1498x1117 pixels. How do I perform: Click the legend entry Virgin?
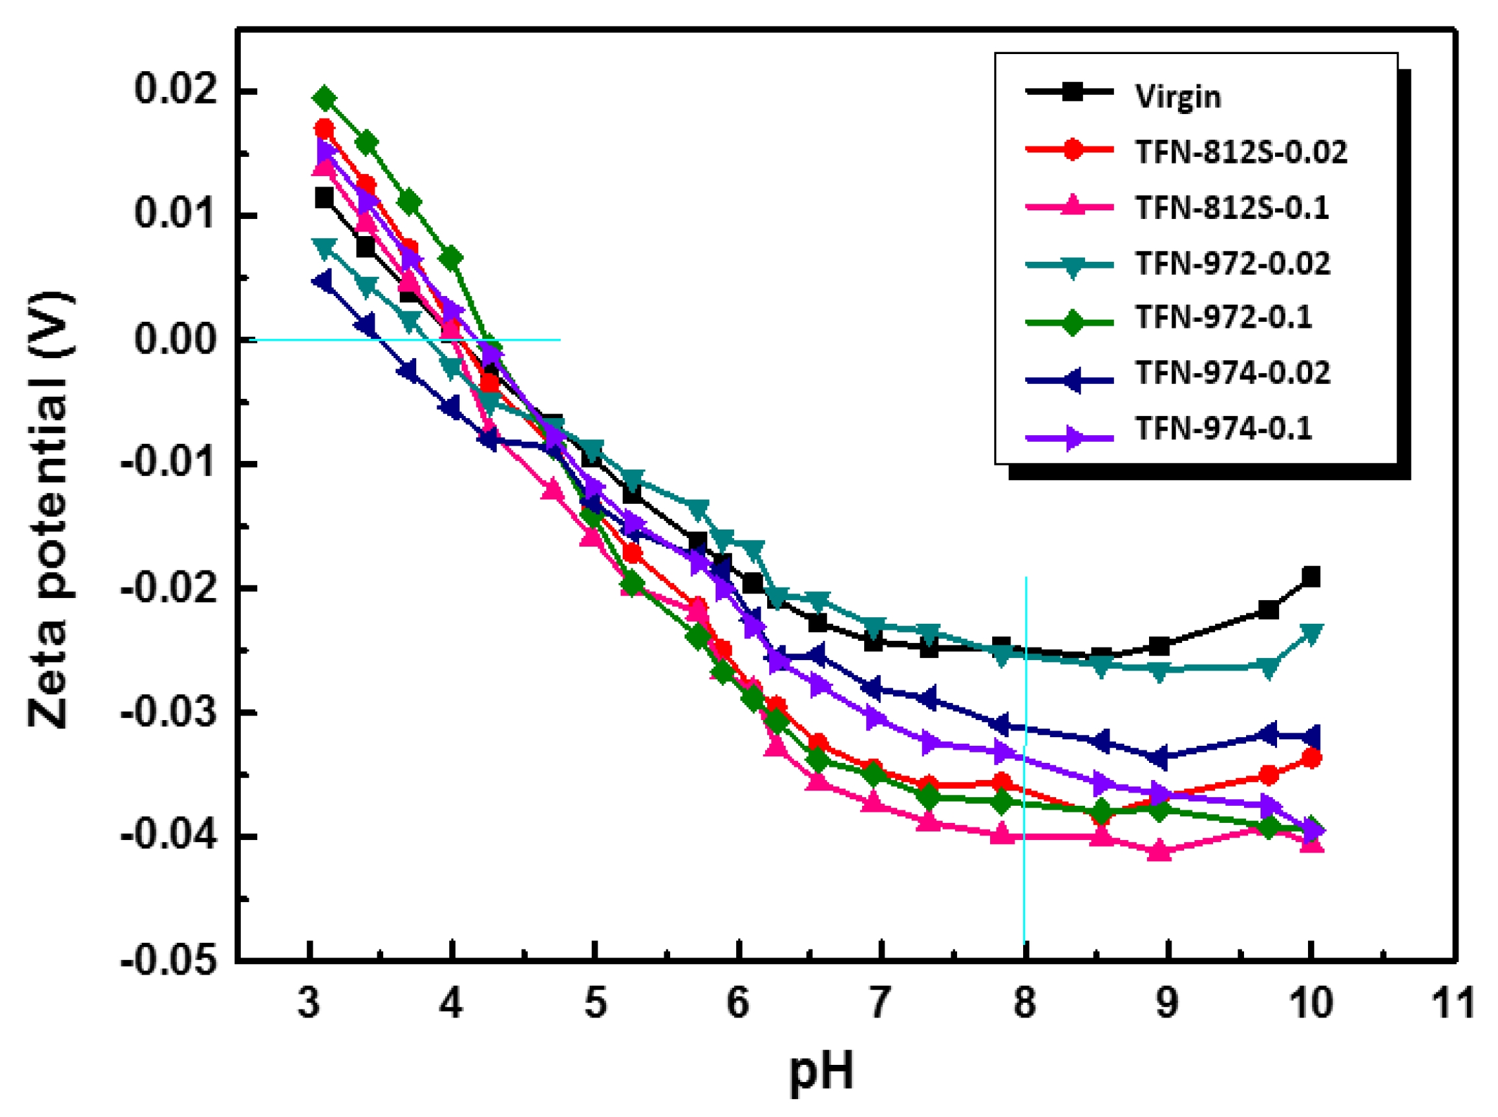(x=1177, y=97)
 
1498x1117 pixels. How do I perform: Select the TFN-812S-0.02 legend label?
(x=1240, y=152)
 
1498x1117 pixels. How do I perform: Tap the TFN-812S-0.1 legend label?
(x=1231, y=208)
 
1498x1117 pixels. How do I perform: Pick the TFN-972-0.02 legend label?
(x=1232, y=263)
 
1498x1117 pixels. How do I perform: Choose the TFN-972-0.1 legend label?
(x=1223, y=317)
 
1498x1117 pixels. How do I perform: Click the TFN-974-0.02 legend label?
(x=1232, y=373)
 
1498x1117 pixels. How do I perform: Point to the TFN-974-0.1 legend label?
(x=1223, y=428)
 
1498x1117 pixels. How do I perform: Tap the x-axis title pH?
(x=821, y=1072)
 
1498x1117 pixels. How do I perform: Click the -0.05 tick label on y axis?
(x=170, y=960)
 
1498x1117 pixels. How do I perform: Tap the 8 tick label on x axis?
(x=1024, y=1002)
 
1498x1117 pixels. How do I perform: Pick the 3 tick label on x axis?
(x=309, y=1002)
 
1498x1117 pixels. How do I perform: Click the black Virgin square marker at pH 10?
(x=1310, y=577)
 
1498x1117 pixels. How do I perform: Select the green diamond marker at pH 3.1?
(x=325, y=99)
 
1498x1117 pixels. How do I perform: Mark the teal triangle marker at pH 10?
(x=1310, y=634)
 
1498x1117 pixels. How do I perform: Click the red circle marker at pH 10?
(x=1310, y=759)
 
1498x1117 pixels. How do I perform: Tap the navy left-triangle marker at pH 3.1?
(x=323, y=281)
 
